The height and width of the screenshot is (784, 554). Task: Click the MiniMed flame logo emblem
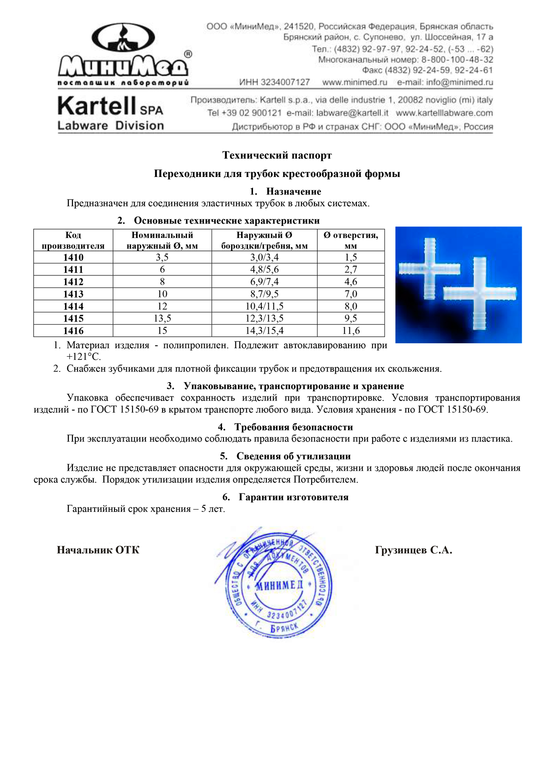coord(123,38)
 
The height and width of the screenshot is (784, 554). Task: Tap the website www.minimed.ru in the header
coord(355,82)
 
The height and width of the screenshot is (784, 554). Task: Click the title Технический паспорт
coord(277,155)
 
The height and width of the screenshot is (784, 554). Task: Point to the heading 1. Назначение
coord(285,191)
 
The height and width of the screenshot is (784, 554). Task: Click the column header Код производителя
coord(73,240)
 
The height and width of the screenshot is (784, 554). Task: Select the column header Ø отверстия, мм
coord(350,240)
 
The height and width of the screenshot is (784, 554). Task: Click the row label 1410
coord(73,257)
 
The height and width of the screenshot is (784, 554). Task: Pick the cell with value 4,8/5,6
coord(264,269)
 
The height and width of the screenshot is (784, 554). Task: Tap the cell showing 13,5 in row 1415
coord(162,318)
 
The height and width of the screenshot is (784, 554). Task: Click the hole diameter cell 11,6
coord(350,331)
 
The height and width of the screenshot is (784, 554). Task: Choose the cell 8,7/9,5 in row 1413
coord(264,294)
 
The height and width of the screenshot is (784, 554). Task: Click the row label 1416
coord(73,331)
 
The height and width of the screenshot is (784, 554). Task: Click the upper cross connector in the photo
coord(429,268)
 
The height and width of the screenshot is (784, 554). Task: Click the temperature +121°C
coord(84,357)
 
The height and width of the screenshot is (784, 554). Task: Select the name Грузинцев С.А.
coord(413,550)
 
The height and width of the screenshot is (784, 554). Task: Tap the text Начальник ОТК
coord(98,550)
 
